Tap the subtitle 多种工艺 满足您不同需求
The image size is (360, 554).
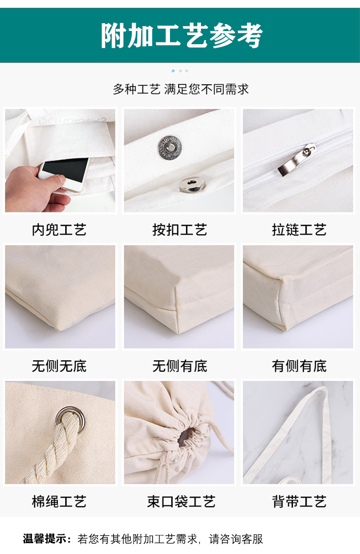coord(180,89)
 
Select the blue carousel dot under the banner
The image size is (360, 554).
coord(173,71)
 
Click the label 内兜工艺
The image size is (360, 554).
coord(59,230)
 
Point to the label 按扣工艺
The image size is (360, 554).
coord(180,230)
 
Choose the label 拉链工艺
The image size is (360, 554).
coord(299,230)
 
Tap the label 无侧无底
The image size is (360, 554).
coord(59,366)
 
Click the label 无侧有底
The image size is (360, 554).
coord(180,366)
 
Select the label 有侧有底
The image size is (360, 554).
coord(299,366)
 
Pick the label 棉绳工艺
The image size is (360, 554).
coord(59,502)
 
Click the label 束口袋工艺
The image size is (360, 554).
coord(181,502)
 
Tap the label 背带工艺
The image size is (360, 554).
coord(299,502)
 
